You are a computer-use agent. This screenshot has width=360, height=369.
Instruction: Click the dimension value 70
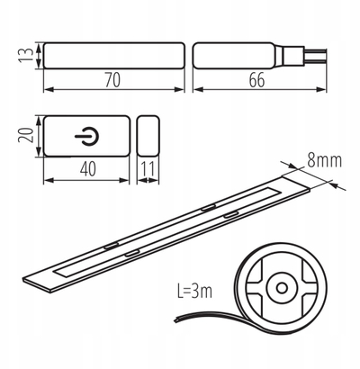click(x=112, y=80)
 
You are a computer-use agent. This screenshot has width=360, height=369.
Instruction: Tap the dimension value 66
click(x=256, y=80)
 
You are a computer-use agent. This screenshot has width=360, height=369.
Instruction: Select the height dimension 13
click(x=26, y=55)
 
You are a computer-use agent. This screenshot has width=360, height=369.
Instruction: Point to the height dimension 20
click(x=25, y=135)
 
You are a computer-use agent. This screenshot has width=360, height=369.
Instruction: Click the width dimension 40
click(x=88, y=168)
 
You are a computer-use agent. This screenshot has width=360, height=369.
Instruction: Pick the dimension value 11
click(x=148, y=168)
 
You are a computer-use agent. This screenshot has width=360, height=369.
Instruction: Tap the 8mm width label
click(x=325, y=160)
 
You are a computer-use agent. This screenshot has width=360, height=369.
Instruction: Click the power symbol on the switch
click(x=86, y=136)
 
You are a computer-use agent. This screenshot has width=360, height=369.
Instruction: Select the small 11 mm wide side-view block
click(x=148, y=136)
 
